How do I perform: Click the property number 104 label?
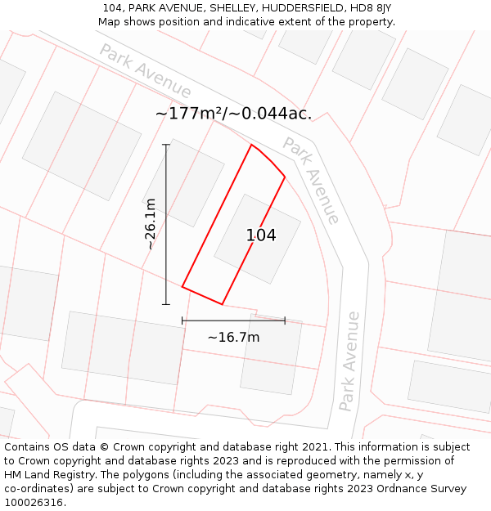261,235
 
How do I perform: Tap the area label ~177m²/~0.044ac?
233,114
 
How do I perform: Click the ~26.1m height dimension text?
151,224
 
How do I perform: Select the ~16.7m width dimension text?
233,337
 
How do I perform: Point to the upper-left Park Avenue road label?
146,71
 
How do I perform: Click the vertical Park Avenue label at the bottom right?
349,361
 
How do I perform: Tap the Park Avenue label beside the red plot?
311,180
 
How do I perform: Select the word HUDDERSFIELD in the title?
302,8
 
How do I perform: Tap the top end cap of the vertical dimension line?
166,145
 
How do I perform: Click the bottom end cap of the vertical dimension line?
166,304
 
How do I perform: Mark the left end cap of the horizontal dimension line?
182,320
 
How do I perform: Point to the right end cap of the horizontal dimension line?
285,320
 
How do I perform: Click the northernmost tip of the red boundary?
251,146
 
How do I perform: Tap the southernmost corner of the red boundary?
222,304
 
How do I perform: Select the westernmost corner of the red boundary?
182,287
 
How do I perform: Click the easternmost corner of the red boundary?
285,177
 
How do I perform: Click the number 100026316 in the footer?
34,502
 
